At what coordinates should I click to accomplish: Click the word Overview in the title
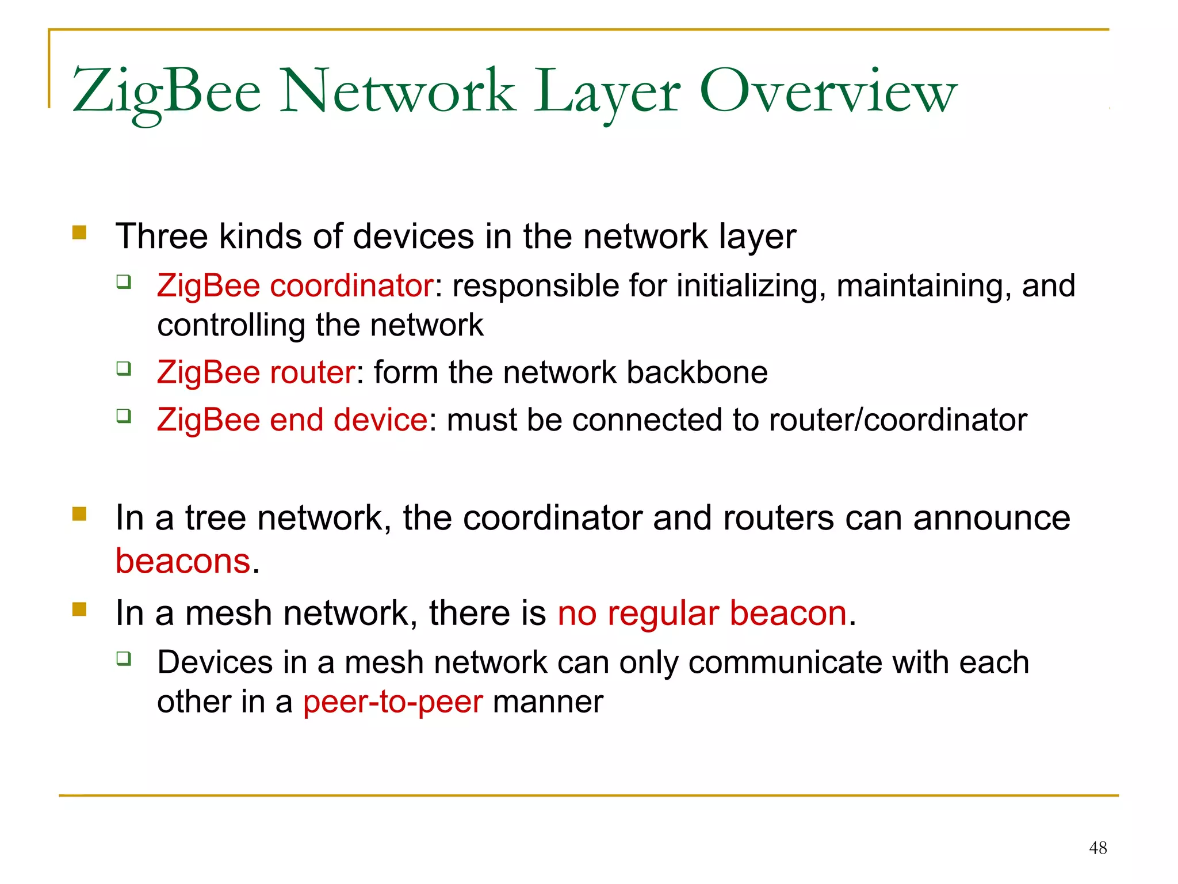(x=828, y=92)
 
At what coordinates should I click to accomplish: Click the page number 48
(x=1098, y=848)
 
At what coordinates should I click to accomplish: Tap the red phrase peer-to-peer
(x=393, y=702)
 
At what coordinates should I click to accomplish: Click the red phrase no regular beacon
(x=702, y=613)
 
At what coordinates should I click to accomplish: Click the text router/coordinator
(x=897, y=420)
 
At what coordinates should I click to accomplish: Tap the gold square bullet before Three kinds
(x=79, y=233)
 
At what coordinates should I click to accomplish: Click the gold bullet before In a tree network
(x=79, y=513)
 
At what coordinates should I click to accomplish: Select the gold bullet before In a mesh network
(x=79, y=609)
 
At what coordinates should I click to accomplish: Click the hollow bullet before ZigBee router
(x=124, y=368)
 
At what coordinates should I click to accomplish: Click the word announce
(x=992, y=518)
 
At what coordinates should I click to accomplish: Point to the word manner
(x=548, y=702)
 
